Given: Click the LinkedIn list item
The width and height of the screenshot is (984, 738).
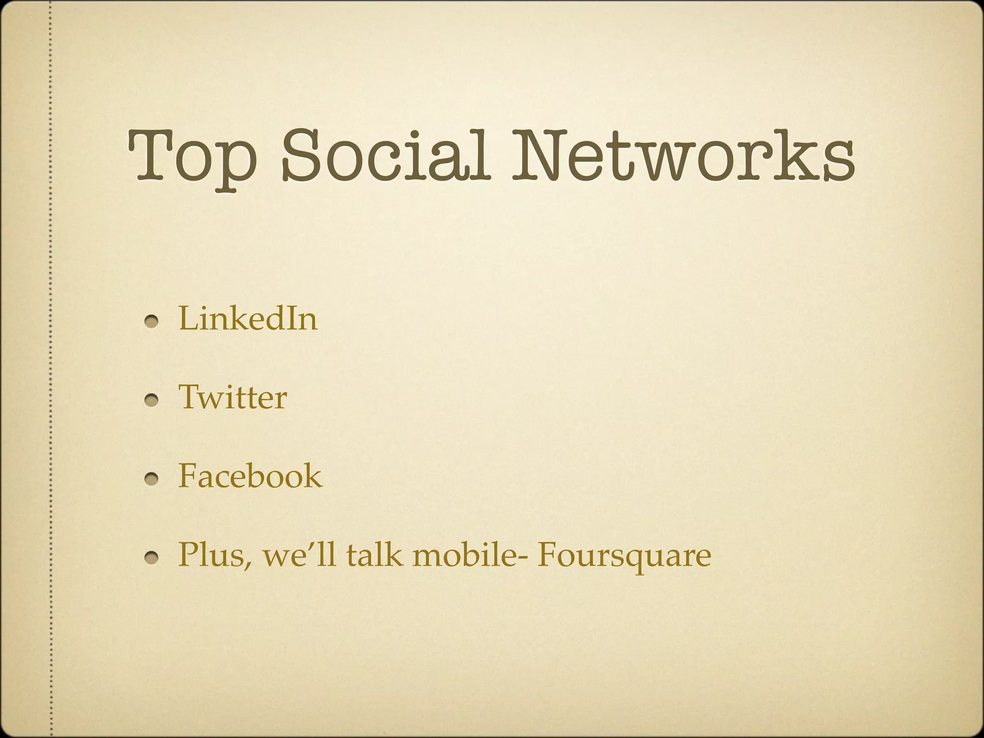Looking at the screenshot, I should click(x=248, y=319).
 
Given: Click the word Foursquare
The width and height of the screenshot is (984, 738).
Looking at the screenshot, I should click(x=624, y=555).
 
